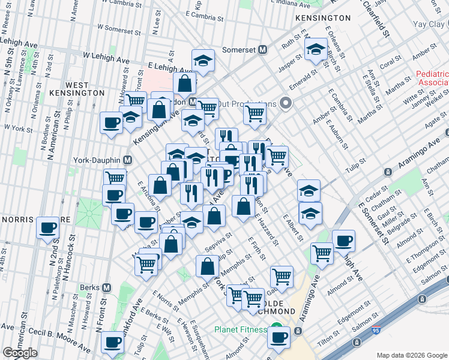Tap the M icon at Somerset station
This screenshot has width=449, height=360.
tap(262, 50)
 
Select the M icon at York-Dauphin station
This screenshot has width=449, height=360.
tap(127, 160)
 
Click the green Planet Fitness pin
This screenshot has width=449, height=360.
tap(277, 329)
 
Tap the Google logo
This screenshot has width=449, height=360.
tap(20, 353)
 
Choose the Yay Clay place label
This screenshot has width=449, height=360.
tap(429, 24)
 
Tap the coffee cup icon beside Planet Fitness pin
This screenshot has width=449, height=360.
tap(279, 337)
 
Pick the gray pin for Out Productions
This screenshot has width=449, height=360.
tap(286, 103)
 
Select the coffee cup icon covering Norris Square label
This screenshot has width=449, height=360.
tap(47, 227)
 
